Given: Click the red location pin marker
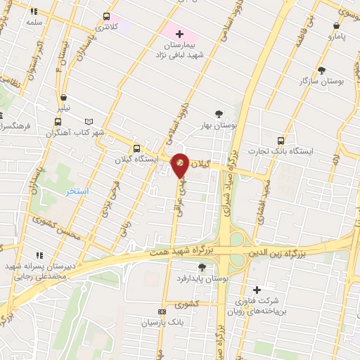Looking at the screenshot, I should pos(180,165).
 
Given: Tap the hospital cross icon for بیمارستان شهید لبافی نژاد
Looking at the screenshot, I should pos(179,33).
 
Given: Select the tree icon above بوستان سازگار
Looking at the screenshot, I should pos(321,70).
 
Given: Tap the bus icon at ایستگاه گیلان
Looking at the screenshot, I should pos(136,148).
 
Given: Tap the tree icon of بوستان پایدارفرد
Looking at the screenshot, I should pos(202,266).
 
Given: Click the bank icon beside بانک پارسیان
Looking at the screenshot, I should pos(162,311).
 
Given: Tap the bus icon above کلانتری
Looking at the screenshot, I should pos(106,15).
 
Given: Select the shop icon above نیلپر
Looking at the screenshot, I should pos(64,98).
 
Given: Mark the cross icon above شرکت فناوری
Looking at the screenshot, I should pos(256,289).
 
